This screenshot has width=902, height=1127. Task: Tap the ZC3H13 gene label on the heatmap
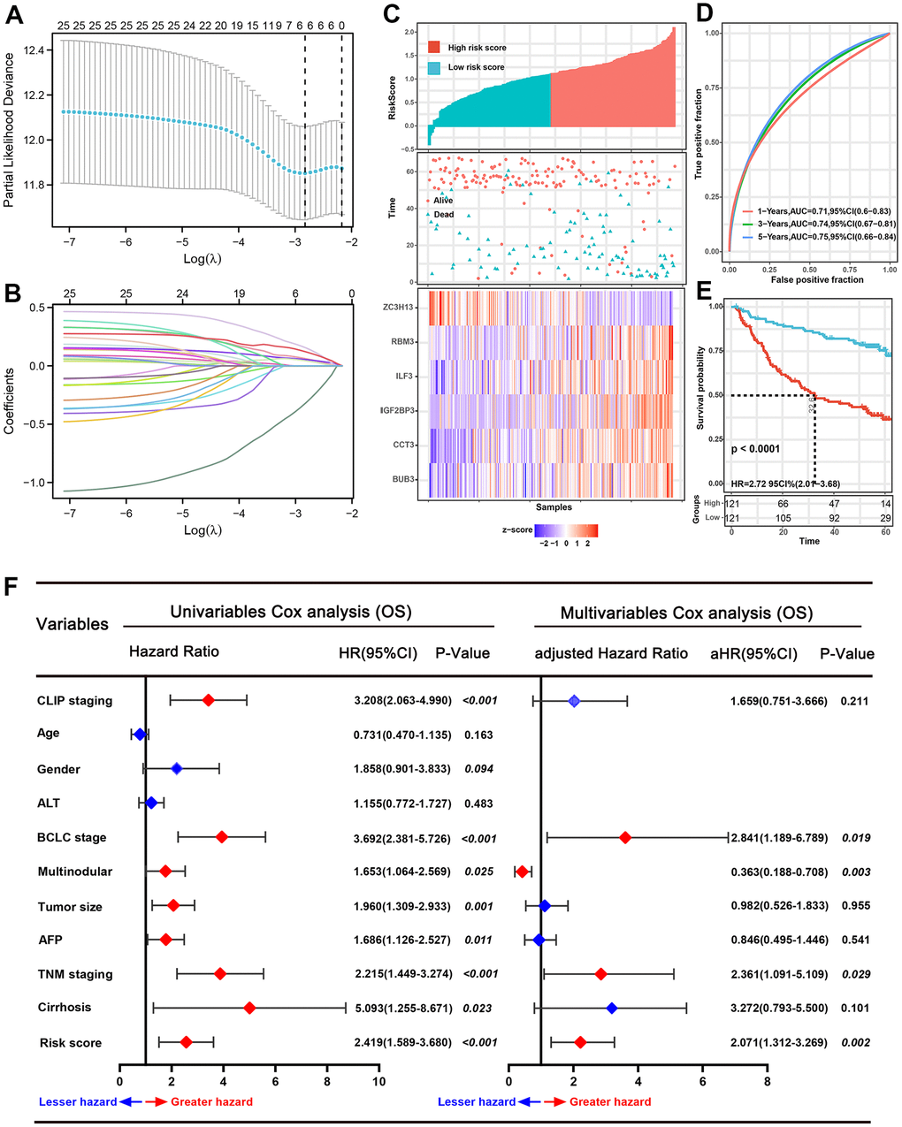point(400,308)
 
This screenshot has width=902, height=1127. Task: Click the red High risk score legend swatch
point(434,48)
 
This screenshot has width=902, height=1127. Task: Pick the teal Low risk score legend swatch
point(434,67)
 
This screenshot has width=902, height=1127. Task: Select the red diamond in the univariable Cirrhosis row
point(250,1008)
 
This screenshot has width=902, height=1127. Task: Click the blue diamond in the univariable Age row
point(138,734)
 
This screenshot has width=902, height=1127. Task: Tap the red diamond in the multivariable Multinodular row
point(522,872)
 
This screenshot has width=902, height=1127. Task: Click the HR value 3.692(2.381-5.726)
point(403,837)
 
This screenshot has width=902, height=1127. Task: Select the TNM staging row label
point(75,974)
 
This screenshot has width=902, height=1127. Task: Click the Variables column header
point(72,624)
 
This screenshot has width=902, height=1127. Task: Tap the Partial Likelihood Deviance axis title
point(10,131)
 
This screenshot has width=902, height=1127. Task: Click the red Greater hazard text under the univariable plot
point(211,1101)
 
